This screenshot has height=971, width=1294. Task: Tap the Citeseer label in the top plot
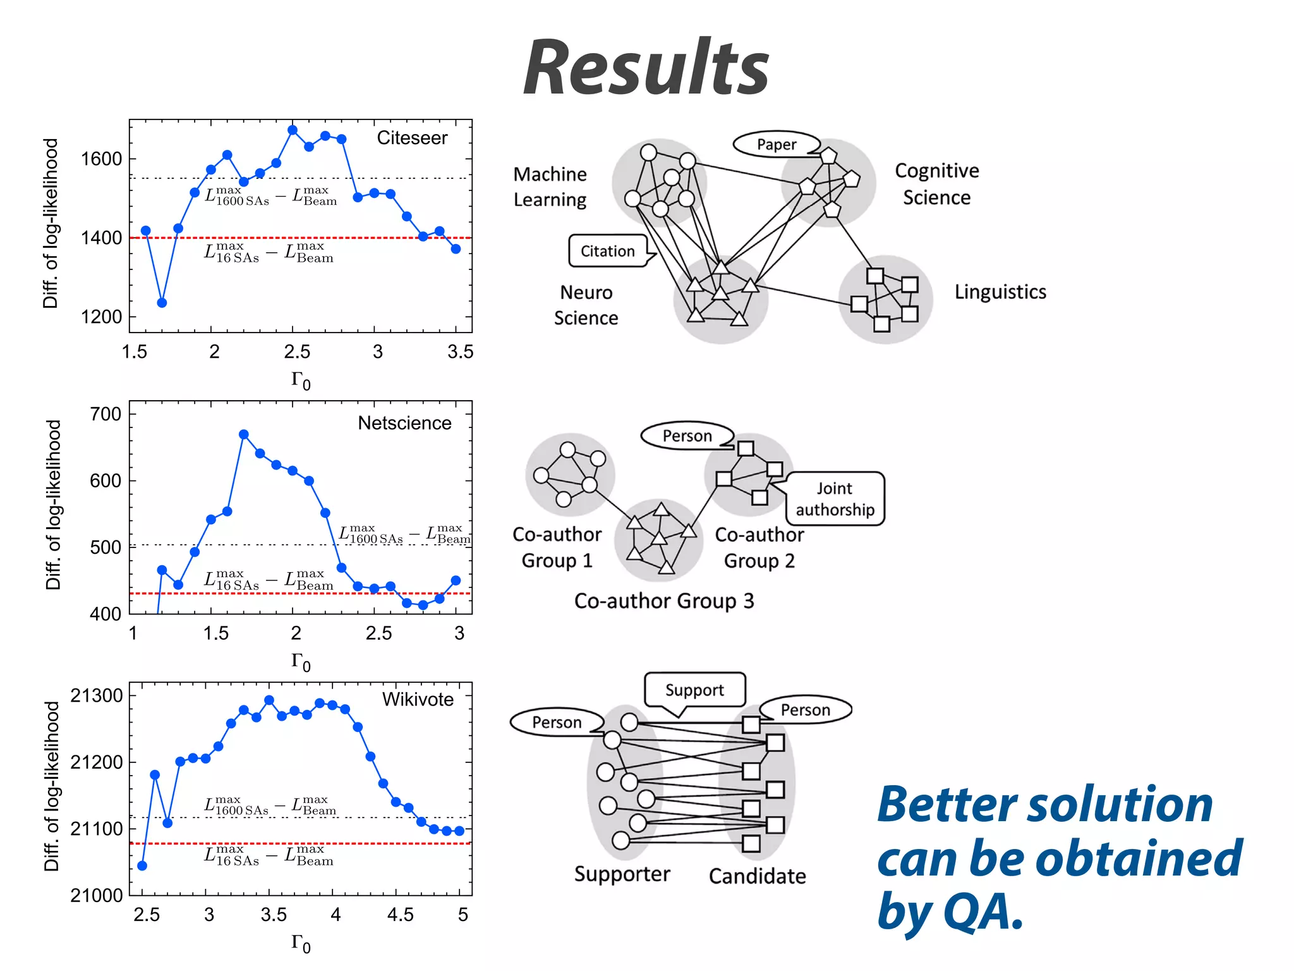[412, 138]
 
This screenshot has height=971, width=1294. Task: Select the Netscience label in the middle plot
[404, 423]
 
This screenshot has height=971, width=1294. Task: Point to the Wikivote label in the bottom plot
[418, 699]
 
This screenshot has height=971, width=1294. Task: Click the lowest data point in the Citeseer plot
[162, 303]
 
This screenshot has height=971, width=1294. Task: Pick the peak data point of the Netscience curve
[244, 434]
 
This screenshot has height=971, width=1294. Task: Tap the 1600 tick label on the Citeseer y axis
[101, 159]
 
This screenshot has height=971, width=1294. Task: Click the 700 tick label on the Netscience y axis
[106, 414]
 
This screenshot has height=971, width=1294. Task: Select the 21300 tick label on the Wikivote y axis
[97, 695]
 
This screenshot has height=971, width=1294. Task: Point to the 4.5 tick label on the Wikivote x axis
[400, 915]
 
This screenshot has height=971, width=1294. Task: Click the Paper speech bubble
[777, 144]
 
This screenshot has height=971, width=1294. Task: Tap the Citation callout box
[608, 251]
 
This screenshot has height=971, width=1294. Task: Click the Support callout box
[694, 690]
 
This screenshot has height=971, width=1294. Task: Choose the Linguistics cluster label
[1000, 292]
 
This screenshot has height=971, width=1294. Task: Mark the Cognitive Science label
[936, 184]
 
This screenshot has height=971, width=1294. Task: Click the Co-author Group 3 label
[664, 601]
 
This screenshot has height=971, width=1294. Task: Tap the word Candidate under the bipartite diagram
[757, 876]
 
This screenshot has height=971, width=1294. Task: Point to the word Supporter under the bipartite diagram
[622, 874]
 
